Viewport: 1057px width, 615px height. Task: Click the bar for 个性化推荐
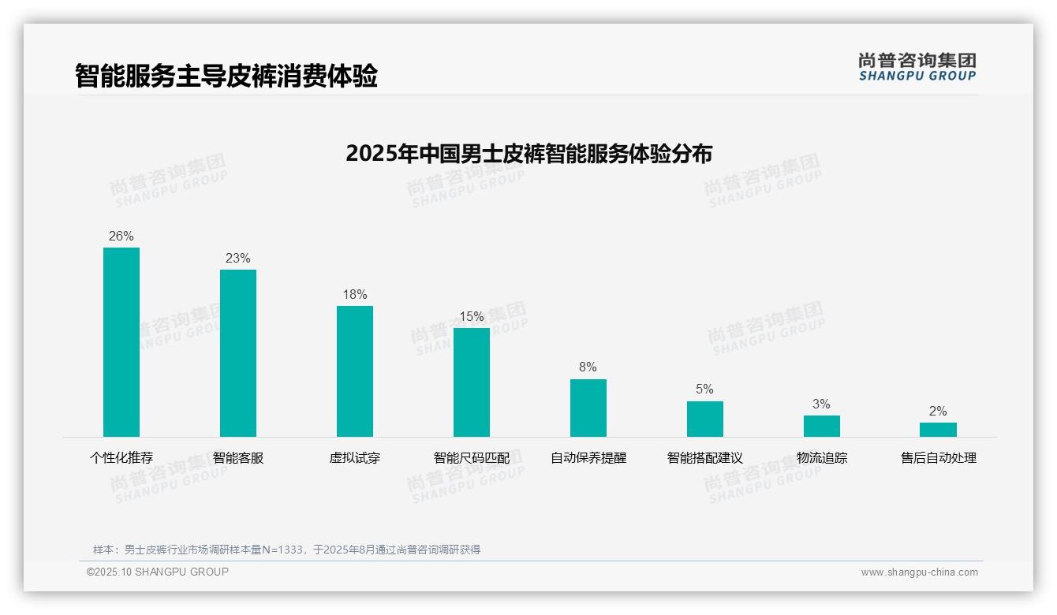coord(121,342)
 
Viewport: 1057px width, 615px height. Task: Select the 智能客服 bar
coord(238,353)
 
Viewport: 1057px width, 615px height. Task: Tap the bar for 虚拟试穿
coord(355,371)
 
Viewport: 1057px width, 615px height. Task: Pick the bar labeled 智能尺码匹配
coord(472,382)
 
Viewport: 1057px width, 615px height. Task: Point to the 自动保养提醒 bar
coord(588,408)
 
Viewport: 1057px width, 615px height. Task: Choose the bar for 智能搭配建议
coord(705,419)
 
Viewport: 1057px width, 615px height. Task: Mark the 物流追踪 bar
coord(822,426)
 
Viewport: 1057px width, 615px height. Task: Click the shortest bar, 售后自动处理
coord(938,430)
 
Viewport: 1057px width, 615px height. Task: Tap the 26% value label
coord(121,236)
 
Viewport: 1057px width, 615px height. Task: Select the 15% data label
coord(472,316)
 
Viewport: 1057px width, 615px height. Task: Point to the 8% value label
coord(588,367)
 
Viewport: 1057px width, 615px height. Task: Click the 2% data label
coord(938,411)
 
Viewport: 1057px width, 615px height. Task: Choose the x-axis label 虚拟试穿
coord(355,458)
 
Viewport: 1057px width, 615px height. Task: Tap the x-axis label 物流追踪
coord(822,458)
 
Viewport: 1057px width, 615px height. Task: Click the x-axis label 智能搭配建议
coord(705,458)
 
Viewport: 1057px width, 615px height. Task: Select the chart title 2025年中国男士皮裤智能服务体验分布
coord(528,154)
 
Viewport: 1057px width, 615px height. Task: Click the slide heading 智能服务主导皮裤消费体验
coord(226,76)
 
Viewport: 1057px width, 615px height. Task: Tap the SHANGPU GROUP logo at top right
coord(917,67)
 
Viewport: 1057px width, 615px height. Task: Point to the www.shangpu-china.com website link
coord(919,572)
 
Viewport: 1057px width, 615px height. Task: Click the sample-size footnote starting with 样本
coord(287,550)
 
